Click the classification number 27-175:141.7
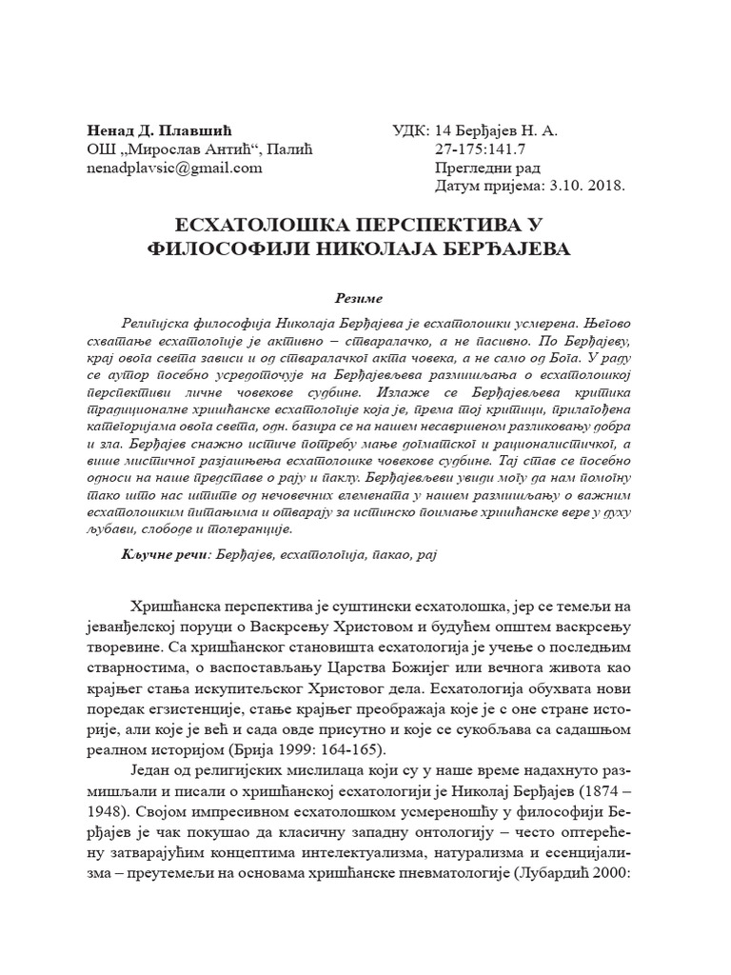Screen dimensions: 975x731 tap(482, 150)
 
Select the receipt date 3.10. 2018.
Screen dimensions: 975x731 tap(583, 187)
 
